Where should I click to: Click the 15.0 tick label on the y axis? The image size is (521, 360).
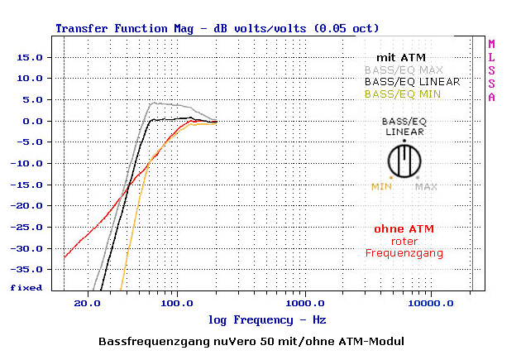(31, 57)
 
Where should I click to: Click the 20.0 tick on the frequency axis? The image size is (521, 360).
(88, 304)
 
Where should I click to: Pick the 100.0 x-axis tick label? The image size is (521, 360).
(177, 304)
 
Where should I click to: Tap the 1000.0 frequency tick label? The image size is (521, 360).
(305, 304)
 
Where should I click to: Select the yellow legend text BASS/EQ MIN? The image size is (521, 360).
(403, 94)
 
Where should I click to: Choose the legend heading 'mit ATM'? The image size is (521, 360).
(400, 57)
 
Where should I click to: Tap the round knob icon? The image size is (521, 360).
(404, 160)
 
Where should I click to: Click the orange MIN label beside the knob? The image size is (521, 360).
(381, 186)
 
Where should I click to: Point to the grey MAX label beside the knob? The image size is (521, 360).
(426, 186)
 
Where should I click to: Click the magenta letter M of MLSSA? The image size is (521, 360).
(491, 44)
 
